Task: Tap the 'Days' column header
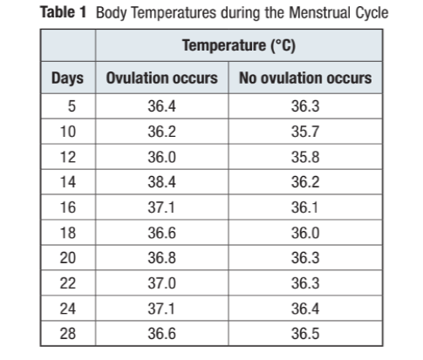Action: point(67,78)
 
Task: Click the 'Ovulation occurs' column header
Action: point(161,78)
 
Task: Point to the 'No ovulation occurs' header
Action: point(304,78)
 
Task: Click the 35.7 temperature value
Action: point(304,133)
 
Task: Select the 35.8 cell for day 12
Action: point(304,159)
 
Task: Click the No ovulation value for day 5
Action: point(304,108)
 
